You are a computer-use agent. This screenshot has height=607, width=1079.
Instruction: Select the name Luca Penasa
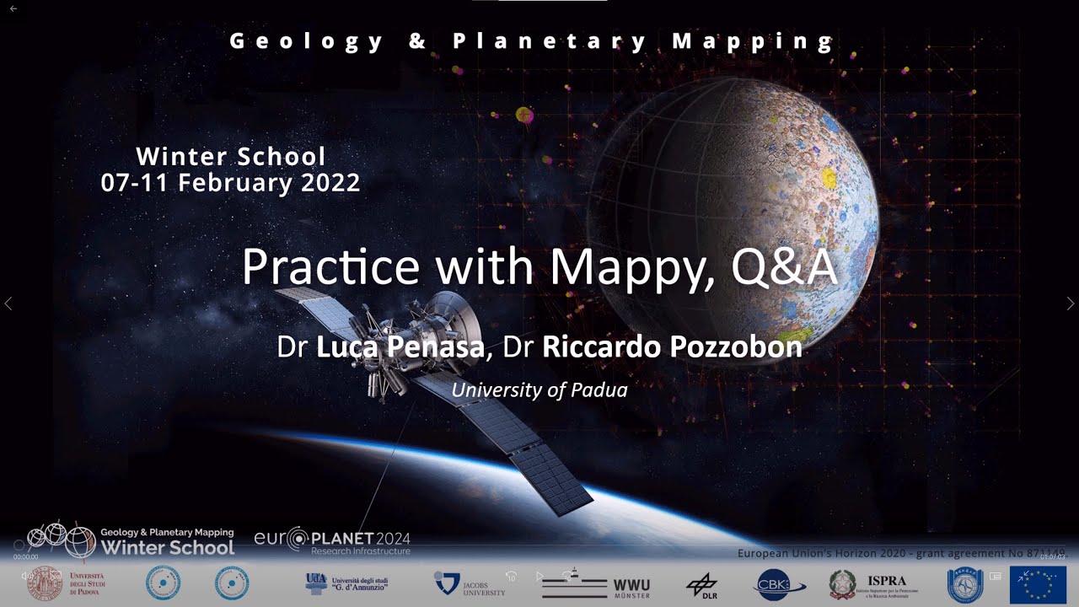pos(400,346)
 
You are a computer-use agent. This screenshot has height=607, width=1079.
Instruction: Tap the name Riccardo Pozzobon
pos(672,346)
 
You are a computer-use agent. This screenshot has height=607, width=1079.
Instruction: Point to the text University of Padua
pos(539,389)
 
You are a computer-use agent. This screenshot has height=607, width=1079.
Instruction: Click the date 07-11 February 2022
pos(230,182)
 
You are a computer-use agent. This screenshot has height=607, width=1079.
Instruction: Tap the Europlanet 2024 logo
pos(332,540)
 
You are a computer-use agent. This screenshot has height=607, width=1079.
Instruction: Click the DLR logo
pos(701,585)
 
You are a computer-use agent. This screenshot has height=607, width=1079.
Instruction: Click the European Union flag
pos(1038,584)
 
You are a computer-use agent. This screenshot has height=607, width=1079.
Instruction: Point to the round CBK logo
pos(780,585)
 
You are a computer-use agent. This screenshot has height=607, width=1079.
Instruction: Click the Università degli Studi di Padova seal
pos(45,583)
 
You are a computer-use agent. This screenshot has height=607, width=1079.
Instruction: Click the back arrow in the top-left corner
pos(13,8)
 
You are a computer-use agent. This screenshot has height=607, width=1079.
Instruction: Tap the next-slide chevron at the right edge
pos(1071,303)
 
